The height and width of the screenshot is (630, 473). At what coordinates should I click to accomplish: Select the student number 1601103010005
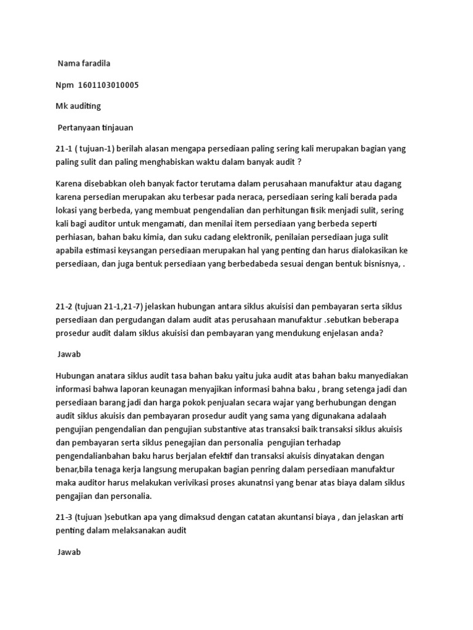pyautogui.click(x=108, y=85)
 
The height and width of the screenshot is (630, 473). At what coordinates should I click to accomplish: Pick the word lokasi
pyautogui.click(x=68, y=210)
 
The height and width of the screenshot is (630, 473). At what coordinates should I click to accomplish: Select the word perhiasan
pyautogui.click(x=75, y=237)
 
